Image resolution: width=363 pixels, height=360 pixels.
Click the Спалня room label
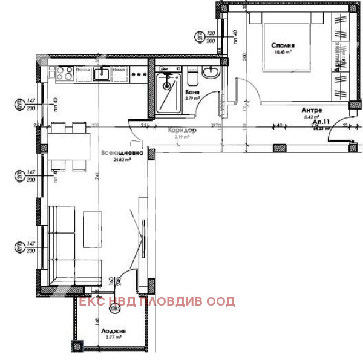(283, 45)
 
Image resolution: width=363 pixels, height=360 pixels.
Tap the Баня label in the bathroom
(194, 92)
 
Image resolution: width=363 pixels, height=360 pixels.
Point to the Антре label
(312, 110)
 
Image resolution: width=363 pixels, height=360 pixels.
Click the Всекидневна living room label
(123, 154)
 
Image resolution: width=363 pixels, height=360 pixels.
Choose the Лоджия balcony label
(113, 332)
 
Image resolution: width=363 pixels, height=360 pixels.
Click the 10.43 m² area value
(283, 53)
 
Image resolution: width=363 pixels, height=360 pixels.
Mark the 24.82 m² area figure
(123, 160)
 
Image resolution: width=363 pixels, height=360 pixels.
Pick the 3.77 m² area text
(113, 339)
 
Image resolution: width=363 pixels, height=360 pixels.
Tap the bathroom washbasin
(211, 73)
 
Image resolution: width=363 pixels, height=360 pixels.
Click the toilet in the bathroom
(192, 77)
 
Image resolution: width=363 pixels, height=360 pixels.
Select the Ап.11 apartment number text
(319, 121)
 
